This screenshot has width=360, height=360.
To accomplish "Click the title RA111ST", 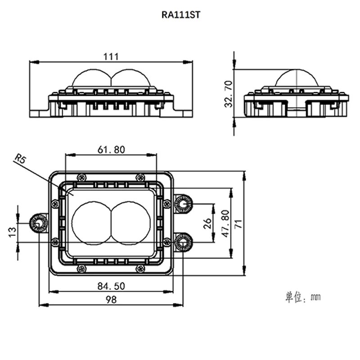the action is coord(181,15).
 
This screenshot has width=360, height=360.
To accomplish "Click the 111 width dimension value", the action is coord(111,57).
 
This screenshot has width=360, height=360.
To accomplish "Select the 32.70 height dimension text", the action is coord(229,94).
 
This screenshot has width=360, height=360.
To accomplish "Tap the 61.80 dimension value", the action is coord(111,150).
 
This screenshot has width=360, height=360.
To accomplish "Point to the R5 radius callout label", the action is coord(20,158).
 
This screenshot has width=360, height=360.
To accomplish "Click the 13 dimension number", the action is coord(13,232).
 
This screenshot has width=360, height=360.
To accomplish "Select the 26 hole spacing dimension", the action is coord(207,223).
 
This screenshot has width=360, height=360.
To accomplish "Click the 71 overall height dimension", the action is coord(238,224).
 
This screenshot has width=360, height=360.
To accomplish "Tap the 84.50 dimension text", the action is coord(111,286).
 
